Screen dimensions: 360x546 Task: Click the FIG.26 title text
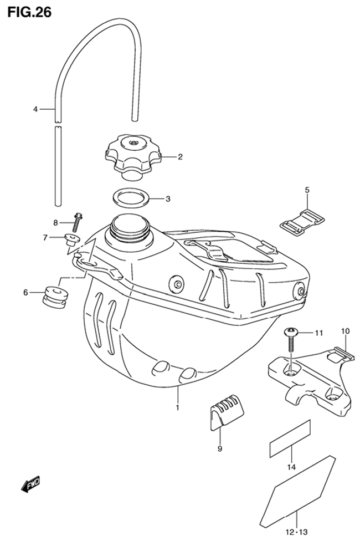(30, 12)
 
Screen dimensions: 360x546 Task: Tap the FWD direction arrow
(30, 484)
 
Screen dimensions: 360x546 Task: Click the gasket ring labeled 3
(131, 199)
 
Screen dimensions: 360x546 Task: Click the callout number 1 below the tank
(177, 407)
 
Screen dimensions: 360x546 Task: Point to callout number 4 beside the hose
(35, 109)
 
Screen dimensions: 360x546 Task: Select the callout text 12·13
(297, 532)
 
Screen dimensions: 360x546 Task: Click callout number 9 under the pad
(219, 449)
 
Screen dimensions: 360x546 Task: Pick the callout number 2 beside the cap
(180, 157)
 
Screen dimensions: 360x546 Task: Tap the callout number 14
(291, 467)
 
